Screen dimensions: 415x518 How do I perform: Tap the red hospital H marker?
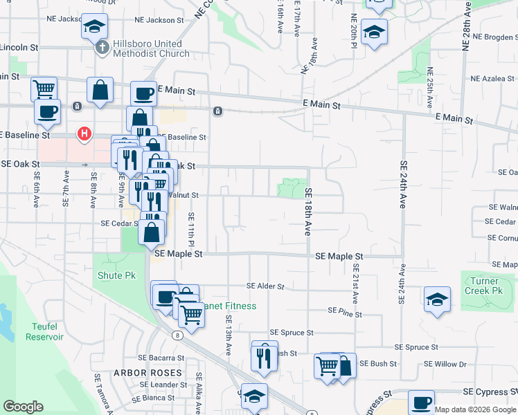[x=84, y=133]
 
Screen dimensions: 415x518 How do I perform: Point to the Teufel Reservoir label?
[x=44, y=331]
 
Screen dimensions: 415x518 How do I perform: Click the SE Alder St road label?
[x=266, y=286]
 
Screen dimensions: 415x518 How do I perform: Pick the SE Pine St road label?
[x=345, y=314]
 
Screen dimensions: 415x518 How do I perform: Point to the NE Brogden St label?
[x=491, y=36]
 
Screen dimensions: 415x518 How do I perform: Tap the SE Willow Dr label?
[x=445, y=364]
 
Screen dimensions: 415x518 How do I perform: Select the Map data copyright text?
[x=474, y=409]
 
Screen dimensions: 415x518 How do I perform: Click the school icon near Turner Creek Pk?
[x=436, y=299]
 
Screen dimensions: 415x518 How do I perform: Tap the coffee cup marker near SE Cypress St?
[x=421, y=402]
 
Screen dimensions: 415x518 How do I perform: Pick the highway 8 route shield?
[x=178, y=335]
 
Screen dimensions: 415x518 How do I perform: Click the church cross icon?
[x=102, y=48]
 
